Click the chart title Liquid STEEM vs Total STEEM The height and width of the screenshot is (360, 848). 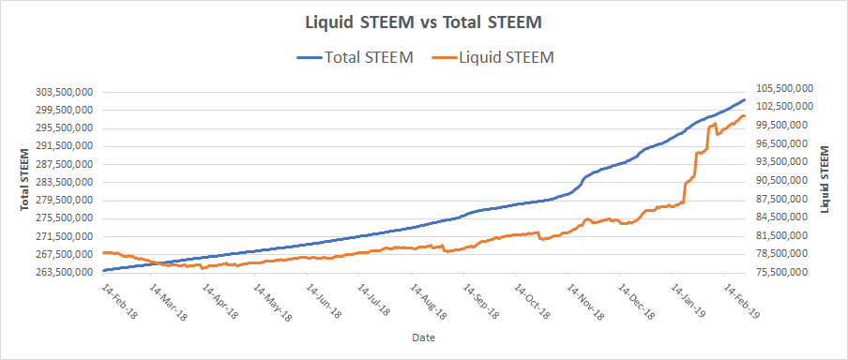point(424,23)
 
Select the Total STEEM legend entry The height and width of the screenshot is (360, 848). point(356,57)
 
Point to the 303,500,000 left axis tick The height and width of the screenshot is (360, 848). point(65,92)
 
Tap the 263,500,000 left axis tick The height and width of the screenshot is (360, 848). point(65,273)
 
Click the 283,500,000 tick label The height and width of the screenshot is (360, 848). point(65,182)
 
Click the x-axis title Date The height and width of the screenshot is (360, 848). point(423,337)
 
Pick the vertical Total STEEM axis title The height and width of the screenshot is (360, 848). point(25,179)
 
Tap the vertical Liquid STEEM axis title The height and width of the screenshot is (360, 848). point(825,179)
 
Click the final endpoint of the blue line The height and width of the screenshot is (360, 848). point(745,100)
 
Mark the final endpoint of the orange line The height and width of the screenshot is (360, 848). point(745,115)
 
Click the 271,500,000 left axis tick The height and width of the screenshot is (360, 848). point(65,236)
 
